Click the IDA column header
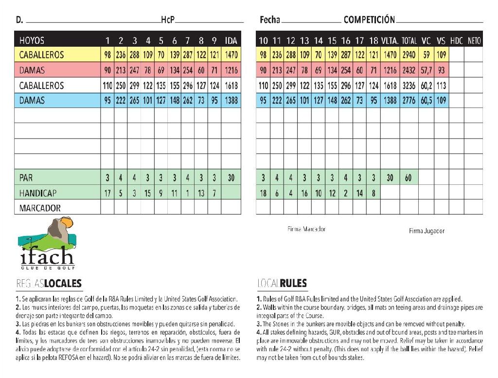(231, 40)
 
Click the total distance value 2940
(409, 55)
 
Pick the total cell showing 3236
(409, 86)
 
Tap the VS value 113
(441, 86)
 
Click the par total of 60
(408, 178)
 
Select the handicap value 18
(263, 193)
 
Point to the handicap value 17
(107, 193)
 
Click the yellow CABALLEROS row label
(41, 55)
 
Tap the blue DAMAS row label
(32, 101)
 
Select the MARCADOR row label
(40, 208)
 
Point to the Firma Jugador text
(427, 231)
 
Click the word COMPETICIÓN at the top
(369, 20)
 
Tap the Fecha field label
(270, 20)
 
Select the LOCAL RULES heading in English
(282, 284)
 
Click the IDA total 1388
(231, 101)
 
